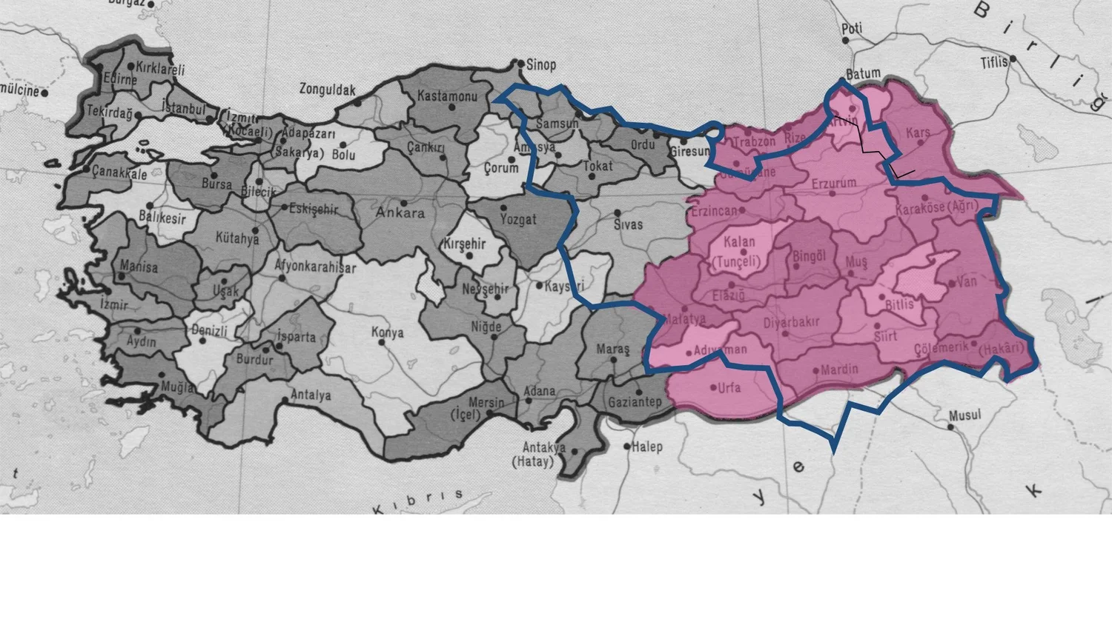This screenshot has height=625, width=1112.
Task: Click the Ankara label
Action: tap(400, 213)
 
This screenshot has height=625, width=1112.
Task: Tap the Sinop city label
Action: tap(541, 65)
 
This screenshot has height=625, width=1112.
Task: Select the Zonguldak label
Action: tap(327, 90)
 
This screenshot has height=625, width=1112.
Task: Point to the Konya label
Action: tap(387, 333)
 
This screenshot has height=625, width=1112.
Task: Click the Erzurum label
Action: tap(833, 183)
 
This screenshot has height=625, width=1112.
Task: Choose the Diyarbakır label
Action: tap(791, 322)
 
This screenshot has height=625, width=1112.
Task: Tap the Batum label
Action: tap(863, 73)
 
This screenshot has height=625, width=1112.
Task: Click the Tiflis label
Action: tap(994, 62)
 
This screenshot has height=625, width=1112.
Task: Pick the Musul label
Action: tap(965, 415)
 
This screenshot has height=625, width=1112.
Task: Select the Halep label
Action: tap(647, 447)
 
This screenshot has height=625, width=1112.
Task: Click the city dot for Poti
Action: tap(845, 39)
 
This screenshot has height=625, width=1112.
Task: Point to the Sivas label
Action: tap(628, 224)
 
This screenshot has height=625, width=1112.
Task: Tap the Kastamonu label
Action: tap(447, 96)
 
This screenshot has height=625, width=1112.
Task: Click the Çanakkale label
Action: tap(119, 173)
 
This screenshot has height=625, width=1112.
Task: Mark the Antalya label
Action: tap(311, 395)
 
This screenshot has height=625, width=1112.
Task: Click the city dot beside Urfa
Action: tap(713, 387)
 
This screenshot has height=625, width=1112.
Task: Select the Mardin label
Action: tap(839, 369)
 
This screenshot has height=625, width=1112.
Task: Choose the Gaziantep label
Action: tap(635, 402)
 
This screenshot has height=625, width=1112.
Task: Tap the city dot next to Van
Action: tap(951, 283)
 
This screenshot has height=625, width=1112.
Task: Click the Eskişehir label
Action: tap(314, 209)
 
